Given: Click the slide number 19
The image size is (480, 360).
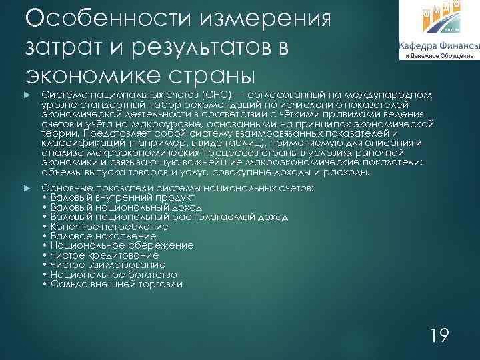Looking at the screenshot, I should pos(439,334).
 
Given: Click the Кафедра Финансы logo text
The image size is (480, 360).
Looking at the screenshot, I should pos(439,45).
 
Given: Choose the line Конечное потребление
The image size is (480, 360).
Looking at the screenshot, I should pos(105,227).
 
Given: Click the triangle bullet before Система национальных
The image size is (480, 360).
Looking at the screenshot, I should pos(27,95).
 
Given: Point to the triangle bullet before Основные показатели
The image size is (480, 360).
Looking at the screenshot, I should pos(27,189).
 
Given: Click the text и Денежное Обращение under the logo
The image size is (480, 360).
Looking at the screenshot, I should pos(439,56).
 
